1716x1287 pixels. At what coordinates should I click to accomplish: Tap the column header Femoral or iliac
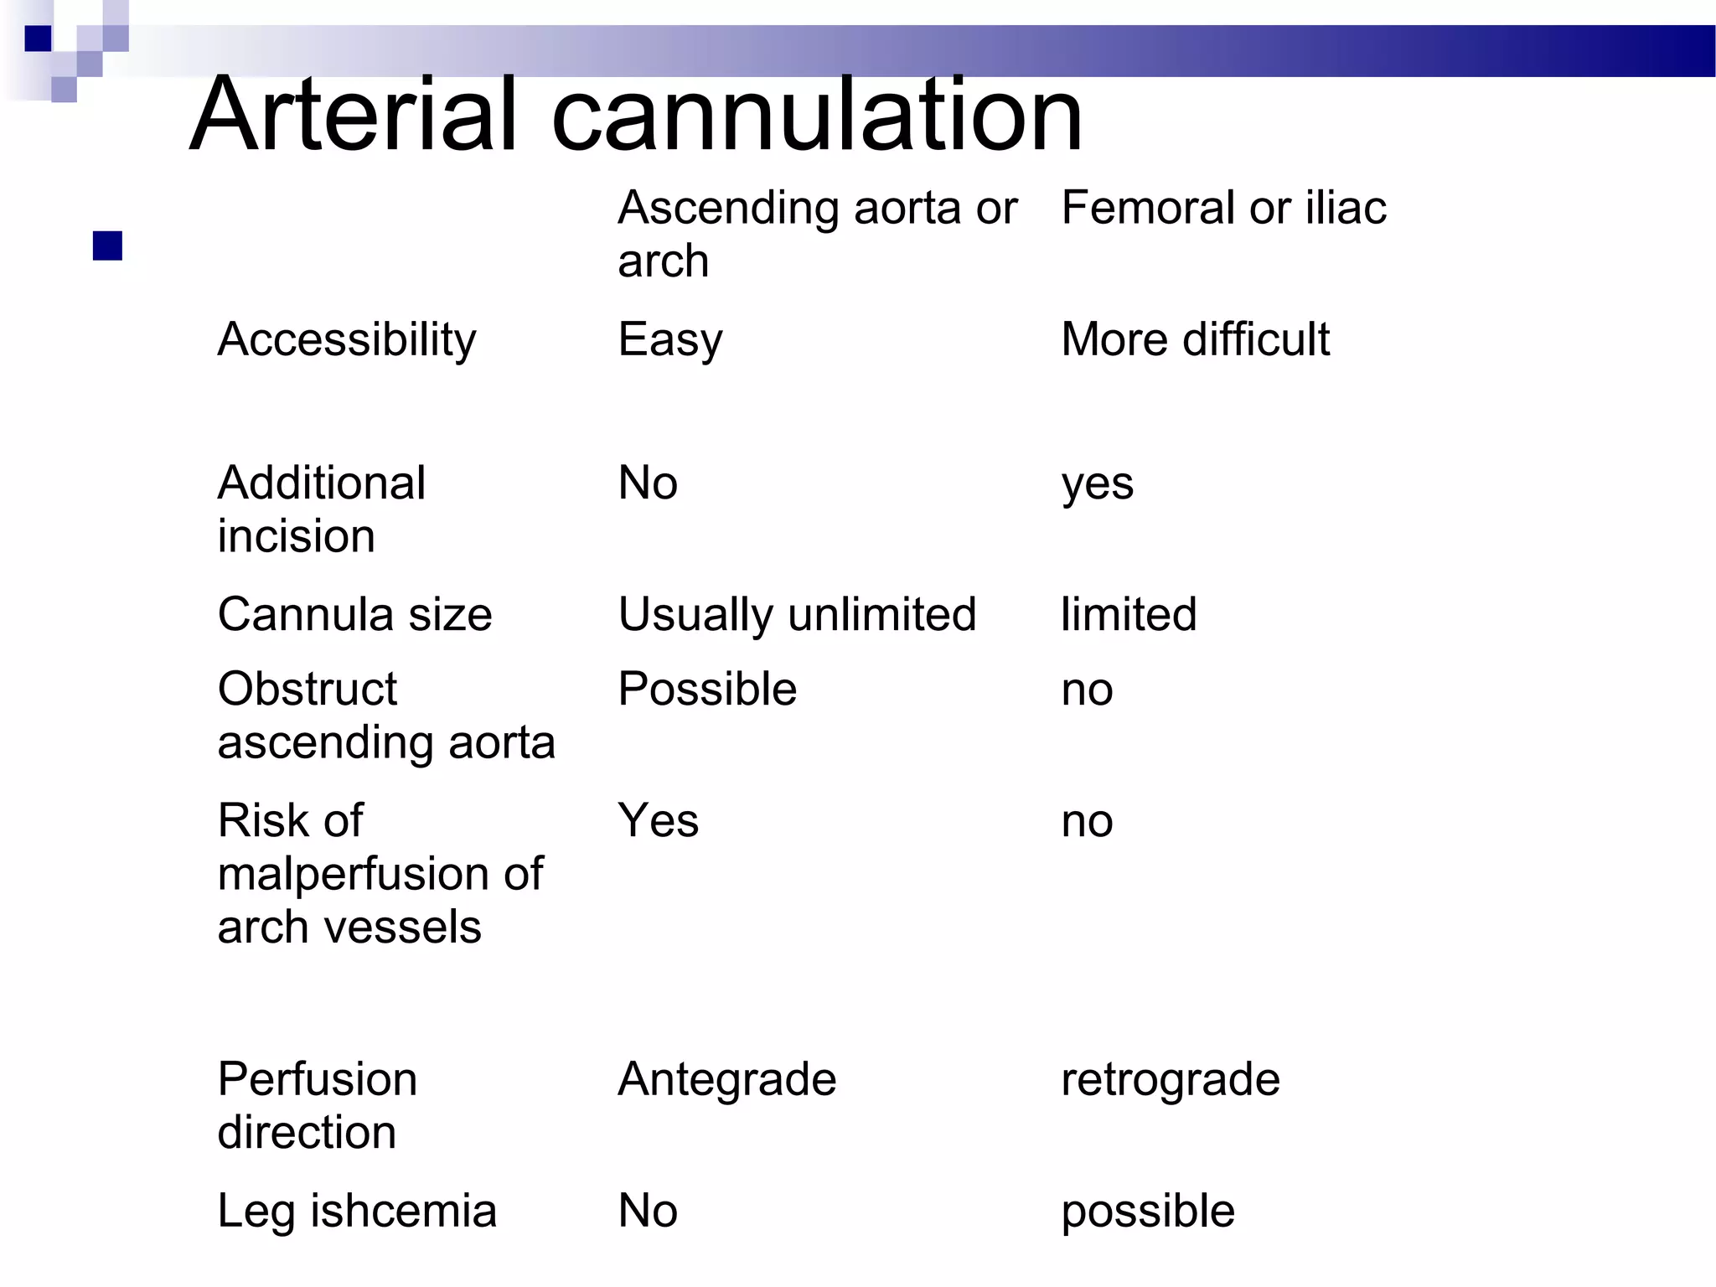point(1223,208)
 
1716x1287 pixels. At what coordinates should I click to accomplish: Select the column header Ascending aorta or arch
point(817,234)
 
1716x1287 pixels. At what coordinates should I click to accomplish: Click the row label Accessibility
point(346,340)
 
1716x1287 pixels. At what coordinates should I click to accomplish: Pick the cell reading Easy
point(669,340)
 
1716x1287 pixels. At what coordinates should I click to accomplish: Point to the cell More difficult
point(1195,339)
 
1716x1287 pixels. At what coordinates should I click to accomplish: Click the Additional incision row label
point(322,509)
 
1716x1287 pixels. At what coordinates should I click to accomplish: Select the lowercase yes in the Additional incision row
point(1097,484)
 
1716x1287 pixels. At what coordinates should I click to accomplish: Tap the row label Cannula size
point(354,614)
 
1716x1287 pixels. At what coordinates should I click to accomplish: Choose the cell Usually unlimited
point(797,614)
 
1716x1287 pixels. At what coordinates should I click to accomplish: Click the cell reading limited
point(1129,614)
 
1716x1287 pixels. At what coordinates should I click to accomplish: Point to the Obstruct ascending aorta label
point(385,715)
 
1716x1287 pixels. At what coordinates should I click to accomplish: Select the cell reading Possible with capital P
point(707,690)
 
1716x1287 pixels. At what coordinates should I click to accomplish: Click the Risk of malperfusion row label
point(380,873)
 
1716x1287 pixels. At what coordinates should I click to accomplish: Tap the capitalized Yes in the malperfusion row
point(658,820)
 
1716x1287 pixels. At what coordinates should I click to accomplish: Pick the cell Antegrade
point(726,1079)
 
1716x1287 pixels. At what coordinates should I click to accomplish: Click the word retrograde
point(1170,1079)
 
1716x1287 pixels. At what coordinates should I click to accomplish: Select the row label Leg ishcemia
point(357,1211)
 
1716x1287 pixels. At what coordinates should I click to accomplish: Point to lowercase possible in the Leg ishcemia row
point(1147,1212)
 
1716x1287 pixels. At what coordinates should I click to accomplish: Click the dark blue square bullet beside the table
point(108,246)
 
